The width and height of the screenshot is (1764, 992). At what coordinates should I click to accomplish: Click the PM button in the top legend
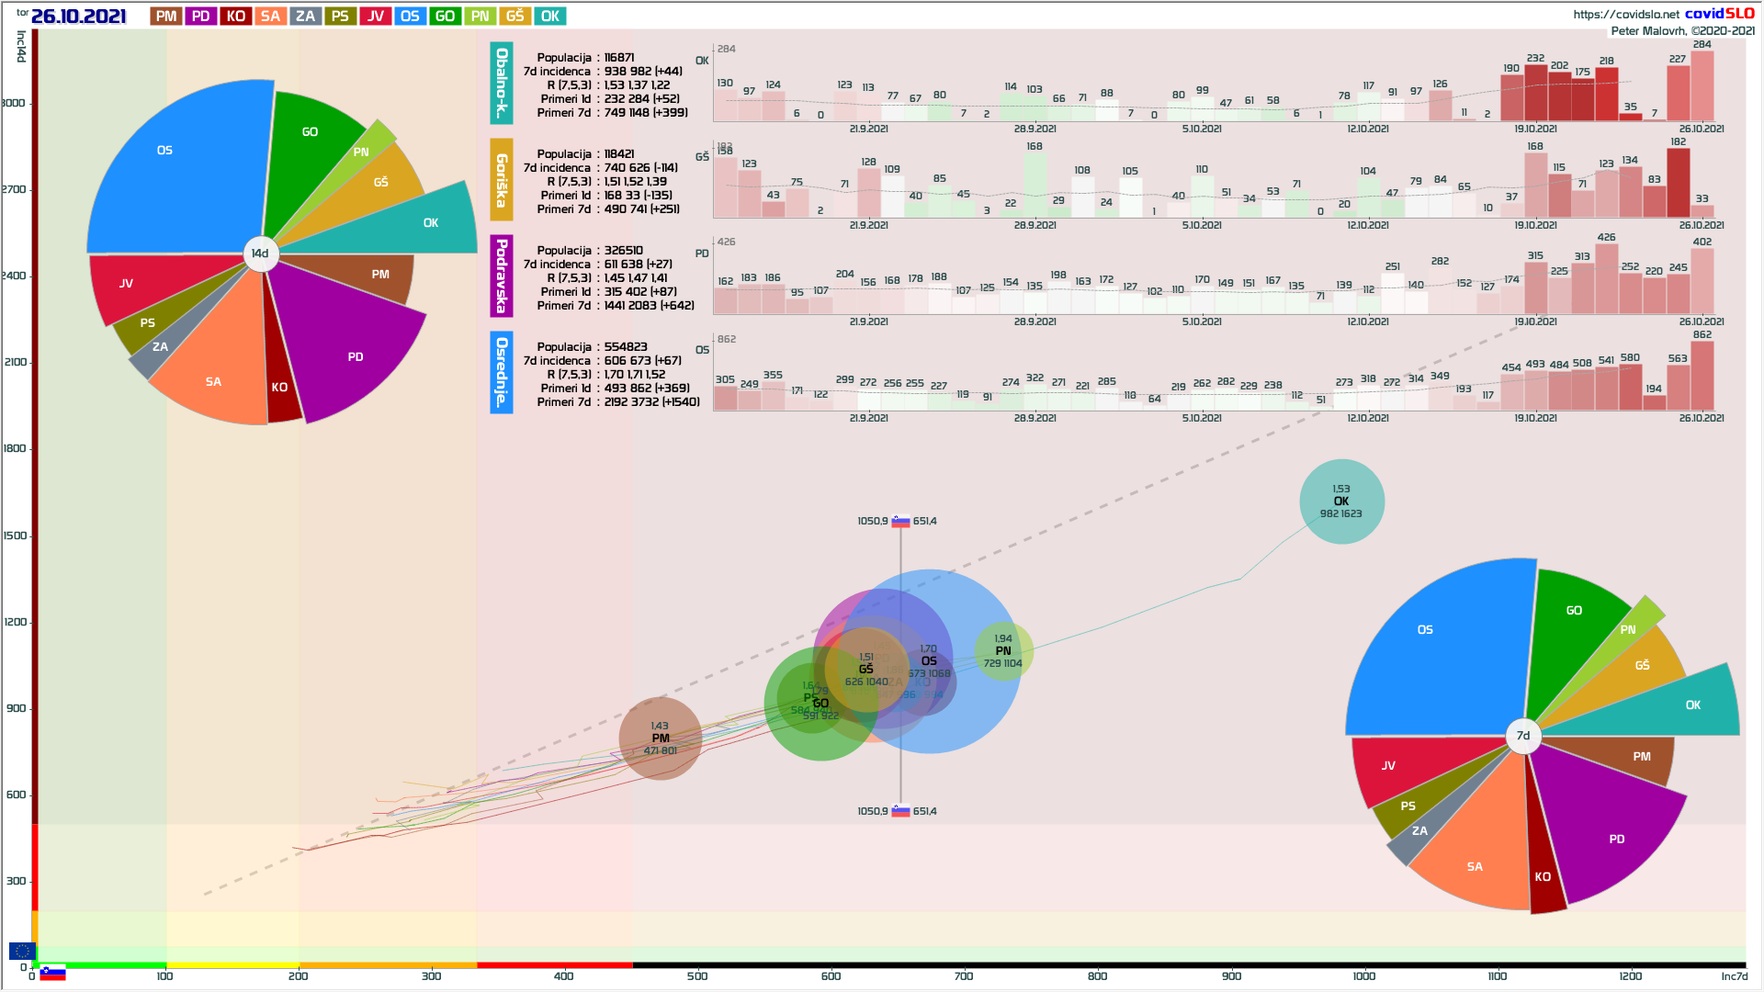[166, 17]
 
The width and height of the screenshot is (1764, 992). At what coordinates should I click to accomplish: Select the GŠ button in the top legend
[515, 17]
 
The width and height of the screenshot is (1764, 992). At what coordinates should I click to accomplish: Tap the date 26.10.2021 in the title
[78, 17]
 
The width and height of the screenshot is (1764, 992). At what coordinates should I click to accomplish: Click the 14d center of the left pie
[260, 254]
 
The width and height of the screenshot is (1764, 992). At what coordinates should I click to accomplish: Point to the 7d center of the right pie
[1523, 736]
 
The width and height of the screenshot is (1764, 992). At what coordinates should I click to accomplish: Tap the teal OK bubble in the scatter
[1341, 502]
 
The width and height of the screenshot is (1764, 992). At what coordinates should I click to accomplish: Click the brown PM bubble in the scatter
[660, 738]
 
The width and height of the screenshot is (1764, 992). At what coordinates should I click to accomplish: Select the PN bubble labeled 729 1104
[1003, 651]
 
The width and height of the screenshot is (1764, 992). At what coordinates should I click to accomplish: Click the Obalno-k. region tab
[502, 83]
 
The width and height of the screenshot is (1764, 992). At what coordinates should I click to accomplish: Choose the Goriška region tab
[502, 180]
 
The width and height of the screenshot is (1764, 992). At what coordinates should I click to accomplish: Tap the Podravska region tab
[502, 276]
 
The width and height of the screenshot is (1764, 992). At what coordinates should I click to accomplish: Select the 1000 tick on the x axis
[1364, 975]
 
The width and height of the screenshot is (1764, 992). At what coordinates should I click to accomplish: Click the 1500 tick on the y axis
[16, 535]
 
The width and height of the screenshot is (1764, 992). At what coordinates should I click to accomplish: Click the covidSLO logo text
[1719, 14]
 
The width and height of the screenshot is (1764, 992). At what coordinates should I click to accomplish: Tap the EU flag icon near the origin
[22, 951]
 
